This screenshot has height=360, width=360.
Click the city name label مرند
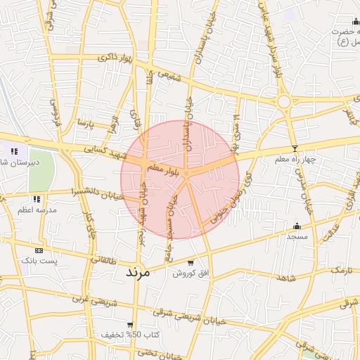point(138,271)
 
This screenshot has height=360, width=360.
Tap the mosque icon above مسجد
point(297,226)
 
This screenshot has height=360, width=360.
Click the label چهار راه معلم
point(297,160)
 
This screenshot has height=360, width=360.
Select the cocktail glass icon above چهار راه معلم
point(295,148)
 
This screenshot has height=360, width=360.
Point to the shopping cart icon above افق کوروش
point(191,262)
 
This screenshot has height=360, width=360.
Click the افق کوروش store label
point(191,273)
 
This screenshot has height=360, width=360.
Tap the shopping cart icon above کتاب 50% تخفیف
point(130,324)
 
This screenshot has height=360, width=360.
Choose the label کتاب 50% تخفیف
point(130,334)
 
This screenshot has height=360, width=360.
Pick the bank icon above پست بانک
point(39,250)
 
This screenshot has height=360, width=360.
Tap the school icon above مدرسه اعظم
point(36,200)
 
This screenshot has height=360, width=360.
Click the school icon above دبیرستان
point(14,150)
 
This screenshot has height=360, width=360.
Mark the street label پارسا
point(85,124)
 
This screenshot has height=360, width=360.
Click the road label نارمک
point(342,270)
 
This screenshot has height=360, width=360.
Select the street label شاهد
point(286,278)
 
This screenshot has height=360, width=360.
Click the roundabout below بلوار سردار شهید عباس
point(284,102)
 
